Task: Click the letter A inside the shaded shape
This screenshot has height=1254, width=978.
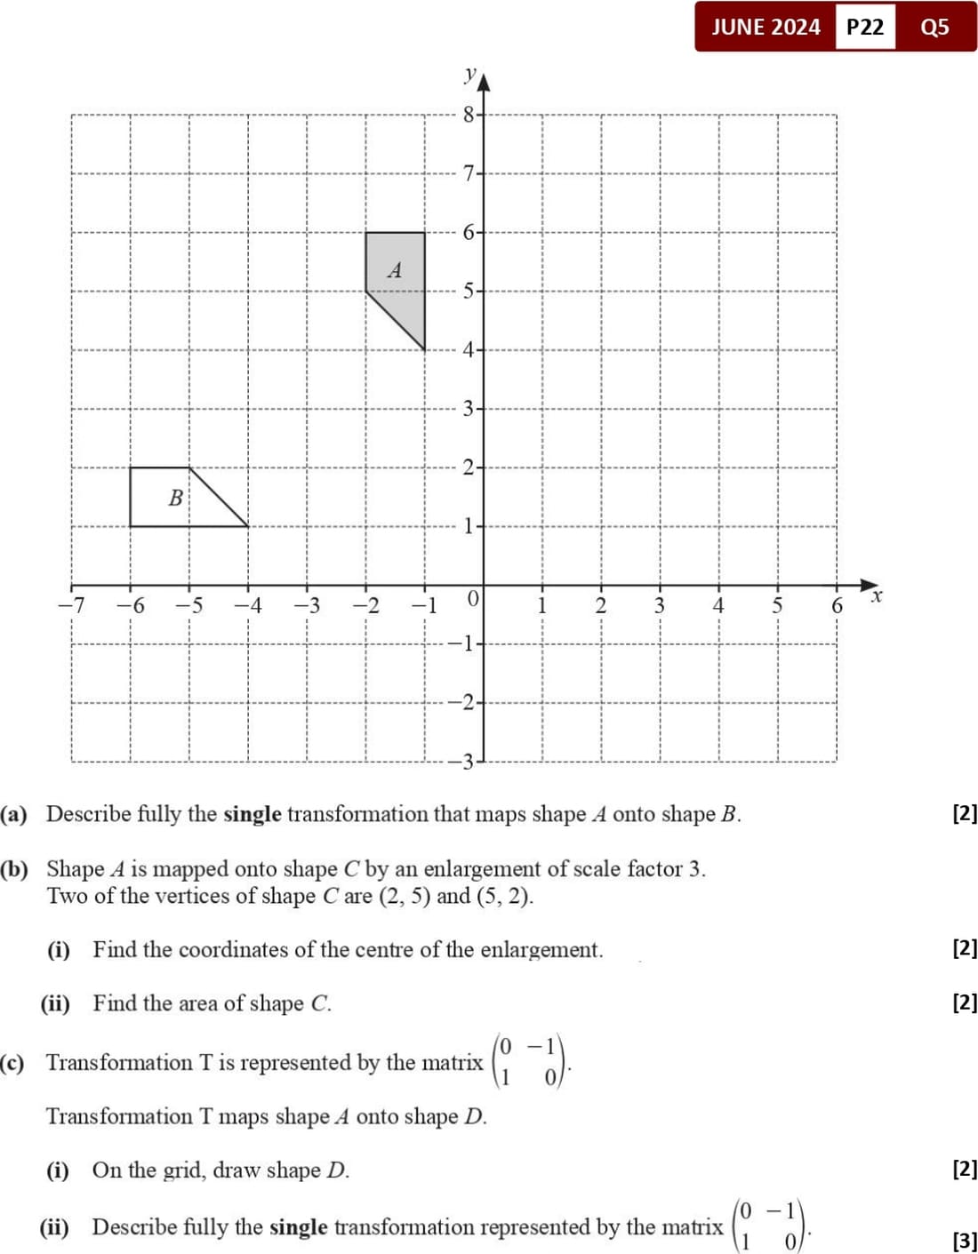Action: click(395, 270)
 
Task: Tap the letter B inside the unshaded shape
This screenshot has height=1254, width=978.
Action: click(176, 498)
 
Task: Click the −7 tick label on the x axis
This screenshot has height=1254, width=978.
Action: click(71, 606)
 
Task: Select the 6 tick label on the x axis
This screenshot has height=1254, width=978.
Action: click(837, 606)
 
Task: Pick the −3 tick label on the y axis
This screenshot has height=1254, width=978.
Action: click(466, 762)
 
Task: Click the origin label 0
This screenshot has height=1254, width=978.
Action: click(473, 598)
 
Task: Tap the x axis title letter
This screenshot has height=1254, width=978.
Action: click(877, 595)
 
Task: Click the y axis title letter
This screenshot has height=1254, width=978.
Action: click(471, 75)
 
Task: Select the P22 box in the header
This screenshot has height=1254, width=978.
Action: click(865, 27)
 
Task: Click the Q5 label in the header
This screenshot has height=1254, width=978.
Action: click(934, 27)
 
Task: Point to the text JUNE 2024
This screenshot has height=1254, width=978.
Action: click(766, 27)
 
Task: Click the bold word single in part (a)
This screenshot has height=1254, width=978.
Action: click(253, 814)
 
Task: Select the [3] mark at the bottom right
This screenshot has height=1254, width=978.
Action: click(965, 1241)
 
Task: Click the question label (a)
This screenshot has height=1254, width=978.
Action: click(14, 814)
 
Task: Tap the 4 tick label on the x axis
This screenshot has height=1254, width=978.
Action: click(718, 606)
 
